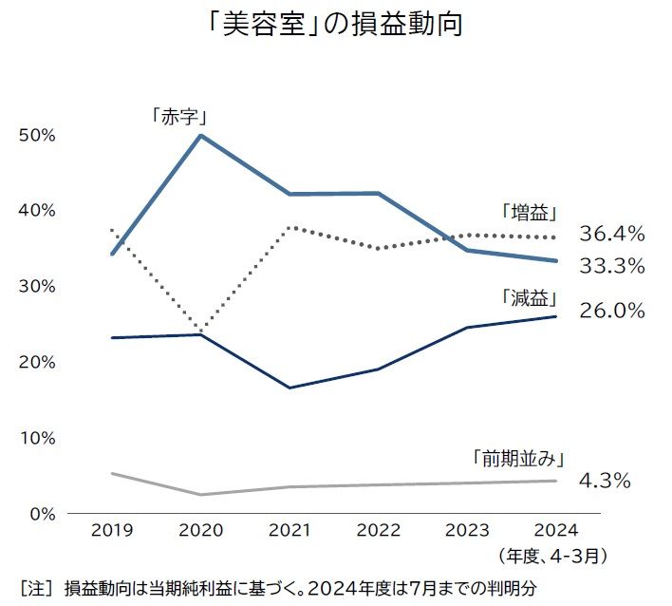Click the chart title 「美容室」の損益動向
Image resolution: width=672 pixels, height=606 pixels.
(336, 24)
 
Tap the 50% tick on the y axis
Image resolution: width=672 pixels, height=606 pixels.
(39, 135)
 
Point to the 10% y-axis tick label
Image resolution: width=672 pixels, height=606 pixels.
(39, 438)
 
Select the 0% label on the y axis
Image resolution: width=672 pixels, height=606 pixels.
(44, 514)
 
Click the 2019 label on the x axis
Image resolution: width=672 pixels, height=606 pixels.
(113, 529)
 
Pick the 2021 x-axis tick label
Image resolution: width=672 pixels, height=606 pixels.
(289, 529)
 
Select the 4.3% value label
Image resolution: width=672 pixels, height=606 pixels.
(605, 481)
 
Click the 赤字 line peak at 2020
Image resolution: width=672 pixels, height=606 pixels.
(200, 135)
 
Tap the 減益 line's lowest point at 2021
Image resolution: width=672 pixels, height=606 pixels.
(289, 388)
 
